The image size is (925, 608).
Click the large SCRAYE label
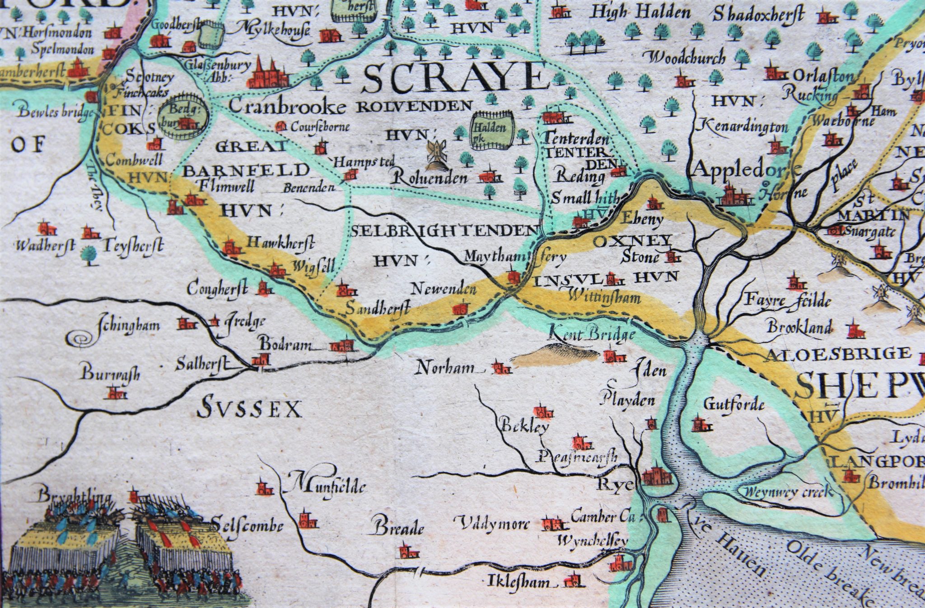(x=454, y=78)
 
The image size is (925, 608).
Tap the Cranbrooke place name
(x=288, y=107)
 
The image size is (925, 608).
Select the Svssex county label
(x=249, y=409)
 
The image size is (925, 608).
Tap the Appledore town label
(x=745, y=170)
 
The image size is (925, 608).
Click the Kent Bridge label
(x=591, y=334)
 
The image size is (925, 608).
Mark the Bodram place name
(x=285, y=345)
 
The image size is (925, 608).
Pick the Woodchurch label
(x=687, y=58)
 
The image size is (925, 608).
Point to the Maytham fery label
(x=515, y=257)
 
